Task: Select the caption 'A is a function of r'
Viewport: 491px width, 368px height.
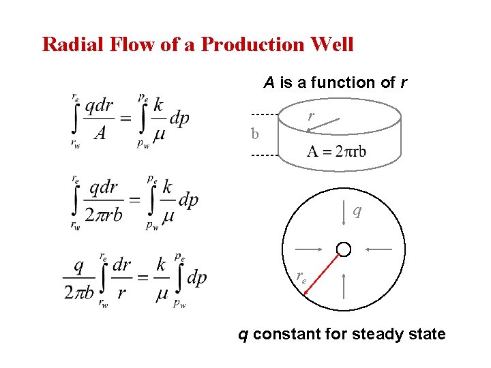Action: [336, 83]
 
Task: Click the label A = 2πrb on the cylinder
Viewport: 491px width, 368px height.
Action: [336, 151]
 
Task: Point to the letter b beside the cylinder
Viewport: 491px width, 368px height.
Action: [255, 134]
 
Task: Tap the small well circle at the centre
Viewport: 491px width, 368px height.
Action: [344, 249]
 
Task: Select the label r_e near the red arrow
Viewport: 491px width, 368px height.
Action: [301, 276]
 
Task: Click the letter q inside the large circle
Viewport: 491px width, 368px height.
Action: [357, 211]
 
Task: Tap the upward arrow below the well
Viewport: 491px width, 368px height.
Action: [344, 286]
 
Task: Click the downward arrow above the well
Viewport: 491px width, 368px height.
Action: [344, 214]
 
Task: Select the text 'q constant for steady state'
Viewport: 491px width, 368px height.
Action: [341, 335]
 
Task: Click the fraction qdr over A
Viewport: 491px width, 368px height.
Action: [98, 119]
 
